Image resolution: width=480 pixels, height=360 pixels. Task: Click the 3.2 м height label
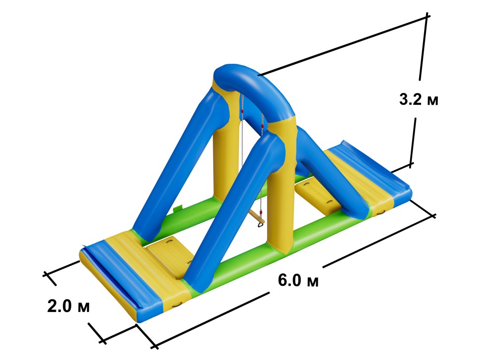(419, 99)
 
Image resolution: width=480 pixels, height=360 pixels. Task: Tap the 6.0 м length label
(298, 280)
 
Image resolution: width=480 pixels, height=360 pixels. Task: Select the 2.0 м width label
(69, 306)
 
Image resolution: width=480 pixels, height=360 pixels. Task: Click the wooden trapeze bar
(256, 216)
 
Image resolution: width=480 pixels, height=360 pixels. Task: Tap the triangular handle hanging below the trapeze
(260, 226)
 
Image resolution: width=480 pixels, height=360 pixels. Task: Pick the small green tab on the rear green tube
(177, 209)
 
